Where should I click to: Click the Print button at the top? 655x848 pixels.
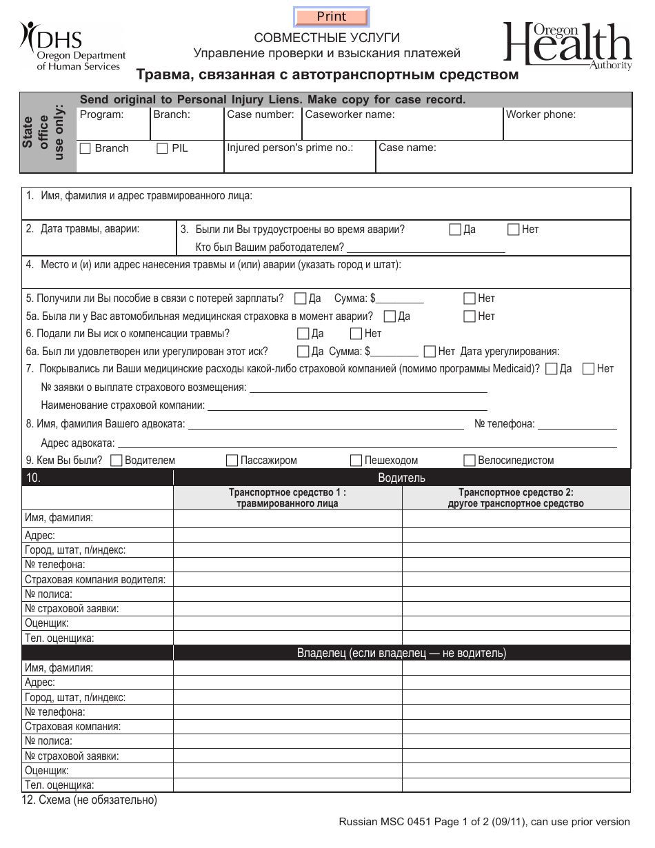(x=332, y=17)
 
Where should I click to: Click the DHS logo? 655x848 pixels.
(x=72, y=46)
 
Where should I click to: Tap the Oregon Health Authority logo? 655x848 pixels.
(x=567, y=46)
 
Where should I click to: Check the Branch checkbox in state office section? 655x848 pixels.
(x=85, y=148)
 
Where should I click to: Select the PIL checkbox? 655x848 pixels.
(x=162, y=148)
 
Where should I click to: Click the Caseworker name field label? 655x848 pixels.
(x=350, y=114)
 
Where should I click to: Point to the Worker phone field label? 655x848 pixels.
(x=541, y=114)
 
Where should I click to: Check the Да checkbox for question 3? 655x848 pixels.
(x=455, y=230)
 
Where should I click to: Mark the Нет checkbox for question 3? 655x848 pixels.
(x=514, y=230)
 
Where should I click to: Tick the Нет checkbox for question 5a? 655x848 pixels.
(x=470, y=316)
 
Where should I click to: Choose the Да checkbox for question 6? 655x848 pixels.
(x=303, y=334)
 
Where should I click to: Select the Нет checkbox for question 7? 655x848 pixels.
(x=589, y=369)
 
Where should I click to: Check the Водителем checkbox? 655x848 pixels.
(x=117, y=461)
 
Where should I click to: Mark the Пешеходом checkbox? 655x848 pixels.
(x=356, y=461)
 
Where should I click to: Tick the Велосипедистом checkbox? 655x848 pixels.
(x=470, y=461)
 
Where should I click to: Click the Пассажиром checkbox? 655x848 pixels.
(x=232, y=461)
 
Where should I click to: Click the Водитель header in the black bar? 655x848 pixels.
(x=401, y=478)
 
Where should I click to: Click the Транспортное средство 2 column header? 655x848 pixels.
(x=516, y=498)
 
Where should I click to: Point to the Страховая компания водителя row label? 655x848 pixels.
(x=95, y=579)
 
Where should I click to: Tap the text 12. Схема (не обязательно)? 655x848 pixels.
(x=90, y=800)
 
